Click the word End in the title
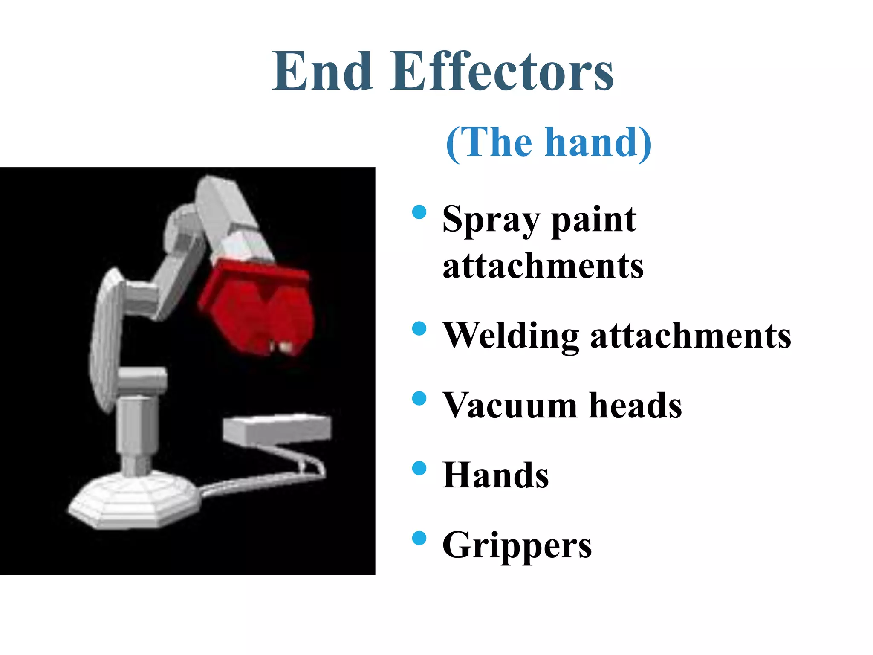(322, 72)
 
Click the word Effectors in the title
(502, 72)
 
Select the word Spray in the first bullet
(491, 220)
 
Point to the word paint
(594, 220)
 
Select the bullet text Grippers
(517, 545)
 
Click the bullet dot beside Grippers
(419, 538)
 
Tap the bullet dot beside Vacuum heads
(419, 398)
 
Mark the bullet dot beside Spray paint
(419, 212)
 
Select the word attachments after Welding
(691, 336)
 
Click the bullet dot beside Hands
(419, 468)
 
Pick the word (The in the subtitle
(489, 143)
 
